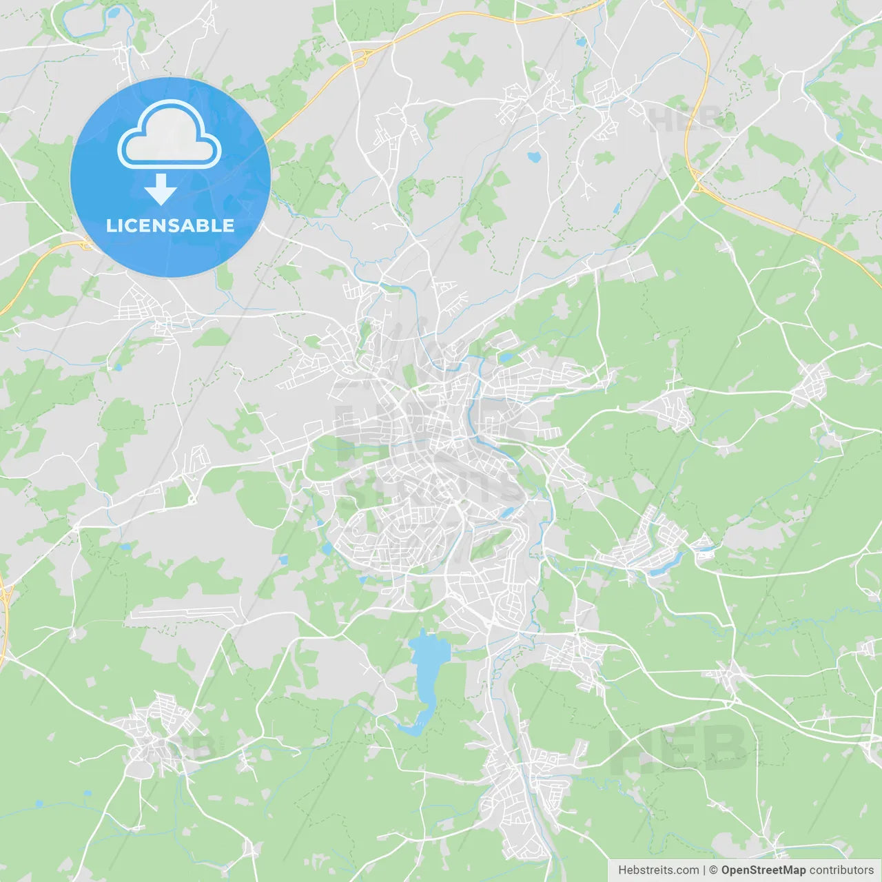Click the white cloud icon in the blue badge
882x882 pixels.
click(x=170, y=136)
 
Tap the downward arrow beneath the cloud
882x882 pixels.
click(x=161, y=189)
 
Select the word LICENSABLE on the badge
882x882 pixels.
click(x=170, y=225)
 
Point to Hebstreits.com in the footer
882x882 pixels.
click(x=658, y=870)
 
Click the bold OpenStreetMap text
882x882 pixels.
click(x=763, y=870)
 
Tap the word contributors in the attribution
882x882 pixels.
click(x=841, y=870)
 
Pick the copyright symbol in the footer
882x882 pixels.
click(x=713, y=870)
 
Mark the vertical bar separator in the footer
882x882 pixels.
click(x=704, y=870)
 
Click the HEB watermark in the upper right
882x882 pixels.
click(x=686, y=121)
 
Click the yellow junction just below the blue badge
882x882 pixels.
click(x=86, y=244)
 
